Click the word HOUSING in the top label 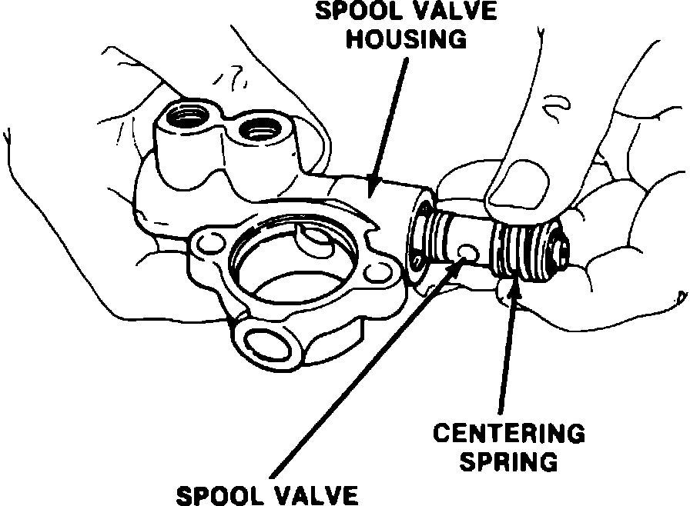[x=406, y=38]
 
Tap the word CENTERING [x=507, y=434]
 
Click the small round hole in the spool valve [x=467, y=252]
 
